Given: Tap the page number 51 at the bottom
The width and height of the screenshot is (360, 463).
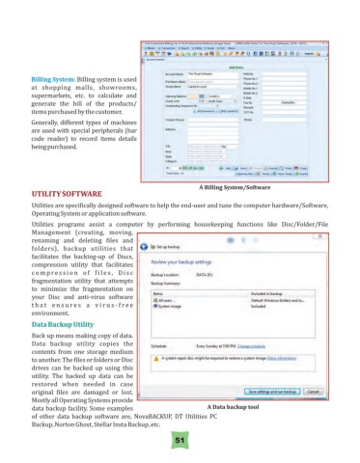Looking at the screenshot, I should click(180, 439).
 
